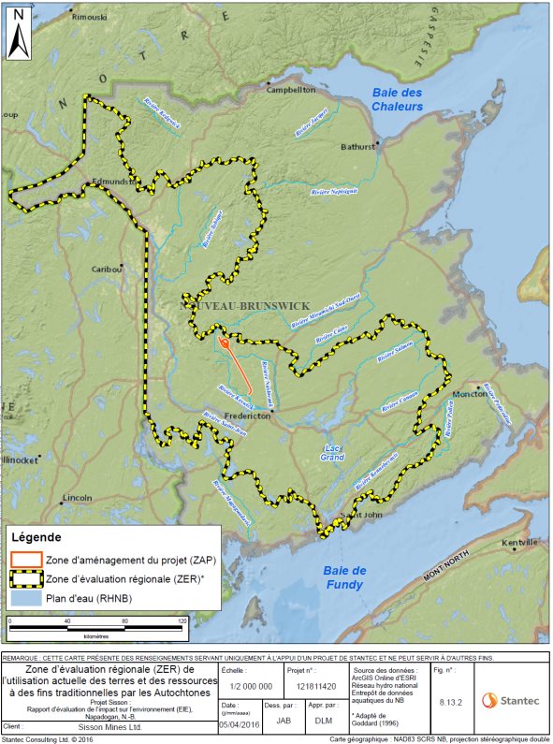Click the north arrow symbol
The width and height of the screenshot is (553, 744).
click(x=20, y=42)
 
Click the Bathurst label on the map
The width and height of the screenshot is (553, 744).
click(x=357, y=147)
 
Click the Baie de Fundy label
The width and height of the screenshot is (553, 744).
click(x=345, y=577)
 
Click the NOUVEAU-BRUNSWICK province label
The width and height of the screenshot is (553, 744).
click(x=244, y=306)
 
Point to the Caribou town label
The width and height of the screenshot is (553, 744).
click(x=107, y=269)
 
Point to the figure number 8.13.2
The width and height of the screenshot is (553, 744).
click(x=449, y=698)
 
